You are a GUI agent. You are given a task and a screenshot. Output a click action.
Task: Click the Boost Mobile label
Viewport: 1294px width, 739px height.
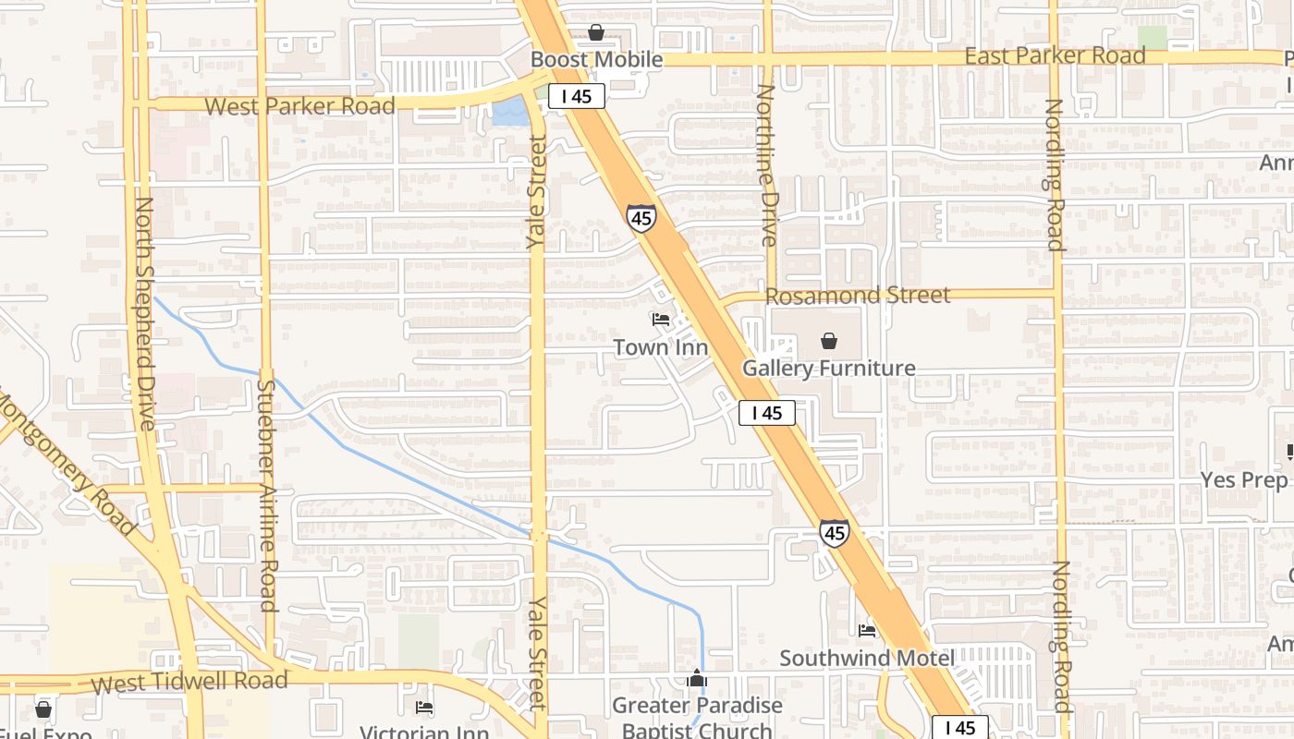pos(596,60)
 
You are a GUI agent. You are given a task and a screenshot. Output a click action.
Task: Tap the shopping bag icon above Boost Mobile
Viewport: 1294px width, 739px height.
pos(596,33)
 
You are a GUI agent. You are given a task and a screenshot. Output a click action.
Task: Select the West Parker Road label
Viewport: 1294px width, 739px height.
pos(299,106)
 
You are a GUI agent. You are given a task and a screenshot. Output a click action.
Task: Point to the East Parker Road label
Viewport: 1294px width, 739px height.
pos(1055,55)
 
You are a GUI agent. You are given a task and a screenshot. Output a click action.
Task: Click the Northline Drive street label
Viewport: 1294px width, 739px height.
pos(766,165)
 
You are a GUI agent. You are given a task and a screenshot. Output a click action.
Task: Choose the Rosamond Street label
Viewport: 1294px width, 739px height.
pos(858,296)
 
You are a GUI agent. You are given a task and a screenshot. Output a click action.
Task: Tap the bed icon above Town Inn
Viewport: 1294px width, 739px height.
pos(660,321)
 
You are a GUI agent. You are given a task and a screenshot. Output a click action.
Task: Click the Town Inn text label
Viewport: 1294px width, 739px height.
pos(661,348)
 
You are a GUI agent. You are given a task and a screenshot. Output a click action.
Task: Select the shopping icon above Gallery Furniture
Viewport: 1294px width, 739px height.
pos(829,341)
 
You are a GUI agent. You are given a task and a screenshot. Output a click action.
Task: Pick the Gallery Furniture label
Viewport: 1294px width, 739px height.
pos(829,369)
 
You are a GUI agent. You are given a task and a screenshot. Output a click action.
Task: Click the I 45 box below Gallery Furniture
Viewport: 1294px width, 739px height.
pos(767,414)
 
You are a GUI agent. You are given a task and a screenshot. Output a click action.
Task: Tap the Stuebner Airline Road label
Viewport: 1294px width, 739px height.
pos(267,496)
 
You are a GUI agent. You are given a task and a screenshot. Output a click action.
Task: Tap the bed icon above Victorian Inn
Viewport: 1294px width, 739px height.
pos(424,708)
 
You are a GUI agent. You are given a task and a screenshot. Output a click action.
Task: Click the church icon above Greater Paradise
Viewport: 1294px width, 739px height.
pos(697,679)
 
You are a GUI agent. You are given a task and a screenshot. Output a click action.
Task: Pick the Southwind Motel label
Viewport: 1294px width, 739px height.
pos(866,659)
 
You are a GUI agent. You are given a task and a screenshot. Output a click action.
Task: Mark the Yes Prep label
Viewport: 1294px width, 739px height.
pos(1243,480)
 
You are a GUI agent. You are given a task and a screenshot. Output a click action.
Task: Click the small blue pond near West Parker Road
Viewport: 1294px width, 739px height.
pos(511,114)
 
